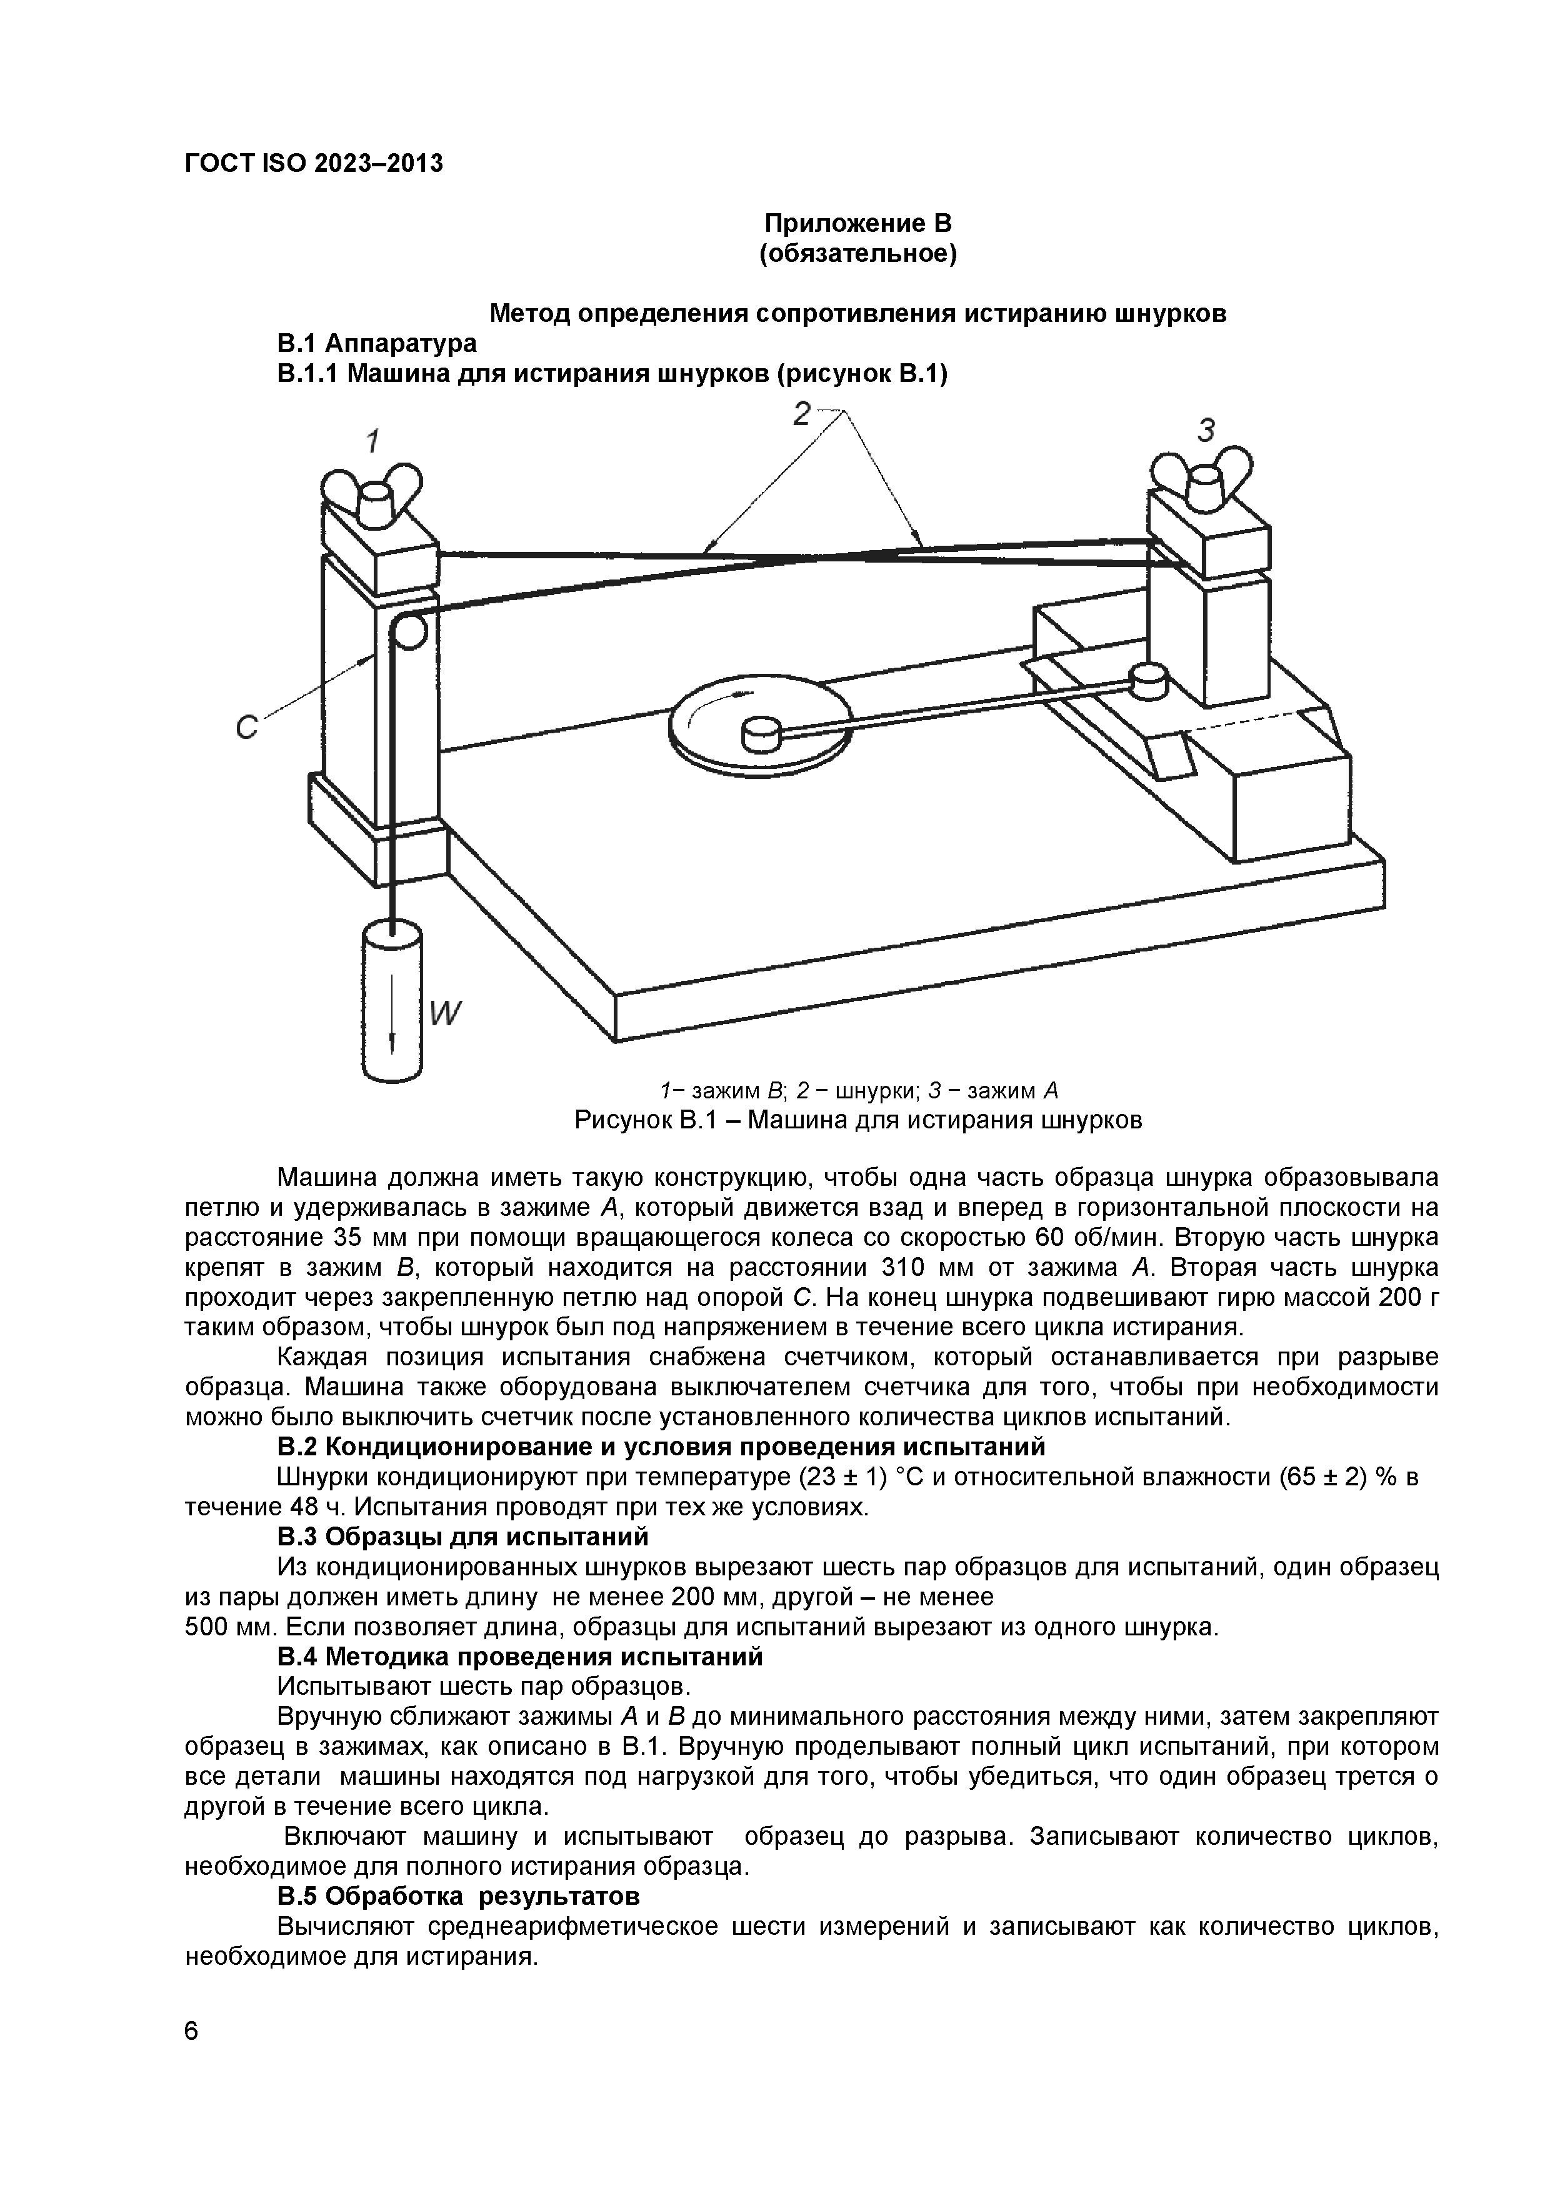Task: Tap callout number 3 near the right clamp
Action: [x=1206, y=432]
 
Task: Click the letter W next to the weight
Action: [x=444, y=1013]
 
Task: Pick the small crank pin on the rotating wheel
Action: [x=762, y=733]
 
